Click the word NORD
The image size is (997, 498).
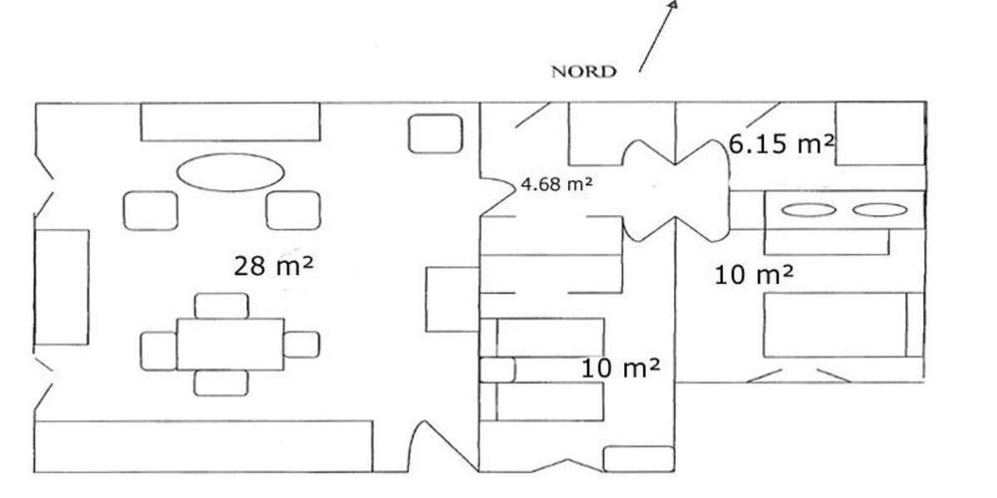point(583,72)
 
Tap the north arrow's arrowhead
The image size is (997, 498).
point(673,3)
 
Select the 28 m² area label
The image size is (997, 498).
point(273,266)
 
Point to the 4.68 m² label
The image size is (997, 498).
point(557,184)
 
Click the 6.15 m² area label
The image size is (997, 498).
point(781,144)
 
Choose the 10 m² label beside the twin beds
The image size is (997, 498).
point(620,368)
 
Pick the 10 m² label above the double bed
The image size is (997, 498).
point(754,275)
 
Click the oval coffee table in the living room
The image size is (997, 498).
point(230,171)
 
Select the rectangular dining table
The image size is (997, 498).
point(230,345)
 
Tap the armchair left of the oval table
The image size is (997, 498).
point(151,210)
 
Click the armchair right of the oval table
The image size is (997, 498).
point(293,210)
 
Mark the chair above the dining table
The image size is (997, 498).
point(221,306)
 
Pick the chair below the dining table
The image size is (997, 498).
point(221,383)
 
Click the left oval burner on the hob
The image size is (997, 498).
point(809,210)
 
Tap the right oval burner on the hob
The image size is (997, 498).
point(879,210)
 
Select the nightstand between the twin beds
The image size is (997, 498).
point(497,370)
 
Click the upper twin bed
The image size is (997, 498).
point(541,338)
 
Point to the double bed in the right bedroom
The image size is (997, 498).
point(843,325)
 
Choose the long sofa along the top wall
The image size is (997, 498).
point(230,122)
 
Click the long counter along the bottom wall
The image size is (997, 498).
point(202,446)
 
